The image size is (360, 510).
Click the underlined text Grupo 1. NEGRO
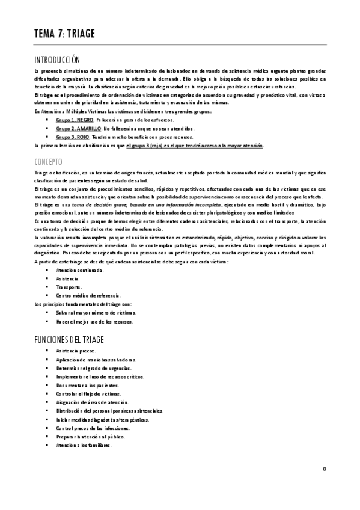click(x=75, y=120)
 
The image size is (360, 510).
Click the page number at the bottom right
click(x=324, y=469)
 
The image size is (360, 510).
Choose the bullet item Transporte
click(x=69, y=287)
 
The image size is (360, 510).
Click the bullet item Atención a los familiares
click(x=84, y=446)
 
